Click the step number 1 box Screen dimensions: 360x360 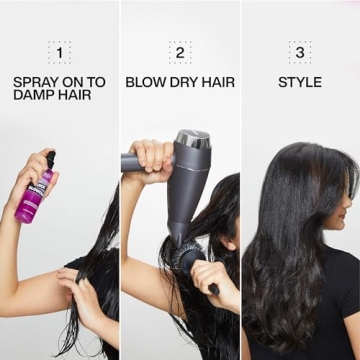pos(59,53)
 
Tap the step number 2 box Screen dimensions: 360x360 pos(180,53)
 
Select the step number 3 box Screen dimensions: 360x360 pos(300,53)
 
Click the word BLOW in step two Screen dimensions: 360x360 pos(146,82)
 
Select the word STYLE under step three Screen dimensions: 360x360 pos(300,82)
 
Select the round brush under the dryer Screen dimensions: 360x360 pos(191,261)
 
